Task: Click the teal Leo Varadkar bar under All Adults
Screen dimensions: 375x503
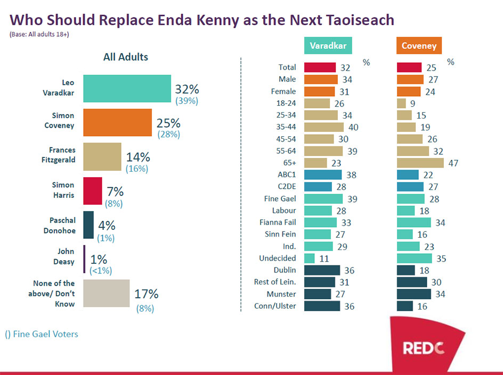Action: [x=127, y=88]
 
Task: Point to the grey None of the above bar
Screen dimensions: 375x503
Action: [x=106, y=293]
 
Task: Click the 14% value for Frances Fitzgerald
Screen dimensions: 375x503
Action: [x=137, y=157]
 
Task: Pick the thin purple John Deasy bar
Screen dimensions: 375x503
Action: [x=84, y=259]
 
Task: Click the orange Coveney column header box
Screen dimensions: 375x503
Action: [x=419, y=46]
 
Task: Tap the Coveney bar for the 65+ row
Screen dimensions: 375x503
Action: [x=420, y=163]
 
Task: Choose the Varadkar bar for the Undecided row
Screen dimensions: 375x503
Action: [x=309, y=259]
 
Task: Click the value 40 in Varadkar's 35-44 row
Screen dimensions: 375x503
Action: [x=353, y=127]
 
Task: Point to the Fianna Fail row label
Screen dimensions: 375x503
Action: [x=278, y=222]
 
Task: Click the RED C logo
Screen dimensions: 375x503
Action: [x=424, y=348]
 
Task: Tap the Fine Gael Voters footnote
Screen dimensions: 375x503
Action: [x=42, y=334]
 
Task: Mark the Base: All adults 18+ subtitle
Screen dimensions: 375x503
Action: [x=39, y=35]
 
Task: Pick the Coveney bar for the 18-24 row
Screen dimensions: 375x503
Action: [x=402, y=103]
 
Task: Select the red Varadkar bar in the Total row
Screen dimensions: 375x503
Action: [x=320, y=67]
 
